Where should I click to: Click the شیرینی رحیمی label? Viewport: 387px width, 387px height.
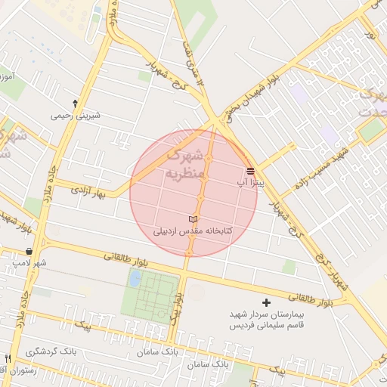tap(74, 116)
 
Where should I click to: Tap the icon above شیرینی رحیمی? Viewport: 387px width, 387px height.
tap(74, 104)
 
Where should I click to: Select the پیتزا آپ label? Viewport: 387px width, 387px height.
tap(250, 182)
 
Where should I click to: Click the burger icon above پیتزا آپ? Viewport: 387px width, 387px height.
tap(250, 170)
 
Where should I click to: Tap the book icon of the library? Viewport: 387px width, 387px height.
tap(192, 218)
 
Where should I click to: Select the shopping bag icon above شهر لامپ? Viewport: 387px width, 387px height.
tap(29, 251)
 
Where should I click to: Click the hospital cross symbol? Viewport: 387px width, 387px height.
tap(265, 302)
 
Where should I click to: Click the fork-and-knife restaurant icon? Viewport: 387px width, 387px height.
tap(8, 358)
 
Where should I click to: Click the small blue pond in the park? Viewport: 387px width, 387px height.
tap(135, 279)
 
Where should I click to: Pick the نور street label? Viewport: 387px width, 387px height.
tap(370, 32)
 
